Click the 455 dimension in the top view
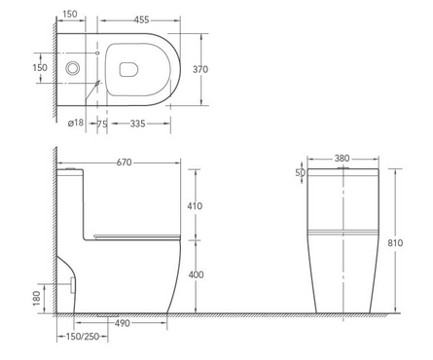click(141, 20)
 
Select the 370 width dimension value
click(200, 69)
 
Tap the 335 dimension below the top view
click(137, 124)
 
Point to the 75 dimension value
click(102, 124)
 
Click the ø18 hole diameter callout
click(76, 123)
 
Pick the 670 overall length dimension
click(124, 162)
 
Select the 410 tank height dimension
click(195, 206)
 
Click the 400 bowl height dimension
click(196, 274)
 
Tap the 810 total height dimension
click(395, 243)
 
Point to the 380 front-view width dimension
click(343, 159)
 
